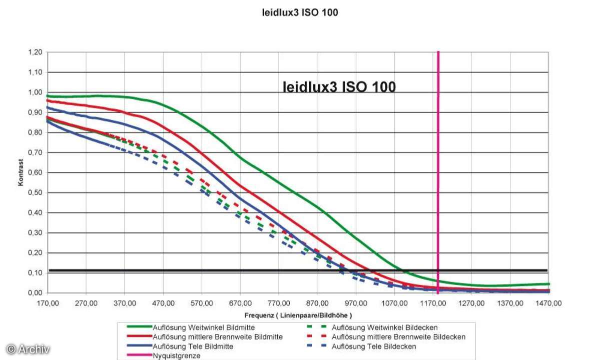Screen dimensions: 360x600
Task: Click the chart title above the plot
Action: [300, 12]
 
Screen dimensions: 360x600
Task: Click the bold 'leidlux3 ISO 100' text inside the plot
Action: [339, 87]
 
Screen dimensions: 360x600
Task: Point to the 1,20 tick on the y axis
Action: [35, 52]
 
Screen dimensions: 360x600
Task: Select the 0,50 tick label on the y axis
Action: [35, 192]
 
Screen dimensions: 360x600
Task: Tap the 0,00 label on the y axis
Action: [35, 292]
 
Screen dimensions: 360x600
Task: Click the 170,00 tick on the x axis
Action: [48, 303]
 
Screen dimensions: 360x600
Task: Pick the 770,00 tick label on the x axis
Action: [279, 303]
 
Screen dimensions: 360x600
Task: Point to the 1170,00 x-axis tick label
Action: [433, 303]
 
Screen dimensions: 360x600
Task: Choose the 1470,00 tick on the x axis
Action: [549, 303]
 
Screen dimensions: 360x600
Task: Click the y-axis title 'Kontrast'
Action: [21, 173]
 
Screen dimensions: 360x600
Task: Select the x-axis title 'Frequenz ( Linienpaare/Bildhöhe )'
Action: [298, 315]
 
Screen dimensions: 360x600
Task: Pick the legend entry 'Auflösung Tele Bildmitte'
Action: [193, 346]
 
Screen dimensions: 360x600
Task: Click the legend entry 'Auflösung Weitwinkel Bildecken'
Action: [385, 327]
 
